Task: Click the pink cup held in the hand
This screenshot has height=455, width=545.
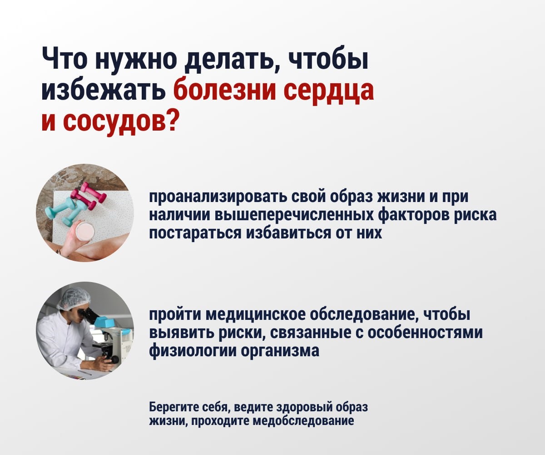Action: [85, 231]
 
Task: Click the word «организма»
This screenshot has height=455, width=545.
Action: [280, 351]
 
